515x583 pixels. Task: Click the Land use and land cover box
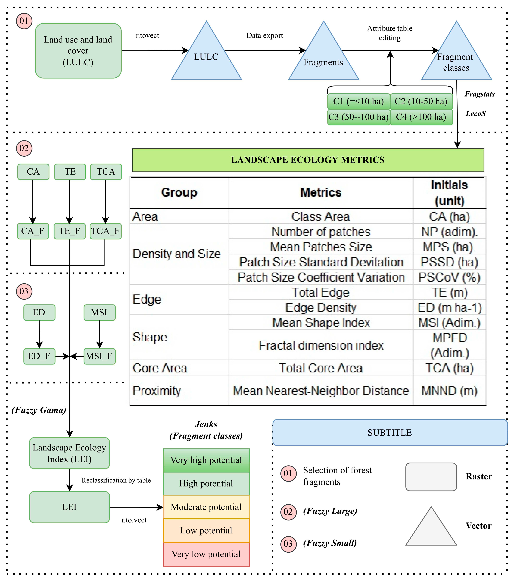(78, 51)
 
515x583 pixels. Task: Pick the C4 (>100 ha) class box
(421, 117)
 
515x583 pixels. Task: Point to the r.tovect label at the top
(147, 36)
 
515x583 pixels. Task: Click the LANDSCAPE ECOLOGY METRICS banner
(308, 160)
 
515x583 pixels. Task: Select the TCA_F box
(105, 231)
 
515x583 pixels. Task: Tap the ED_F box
(39, 356)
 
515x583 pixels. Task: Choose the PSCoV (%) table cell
(449, 277)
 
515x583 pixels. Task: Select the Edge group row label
(147, 299)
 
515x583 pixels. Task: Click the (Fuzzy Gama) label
(39, 410)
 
